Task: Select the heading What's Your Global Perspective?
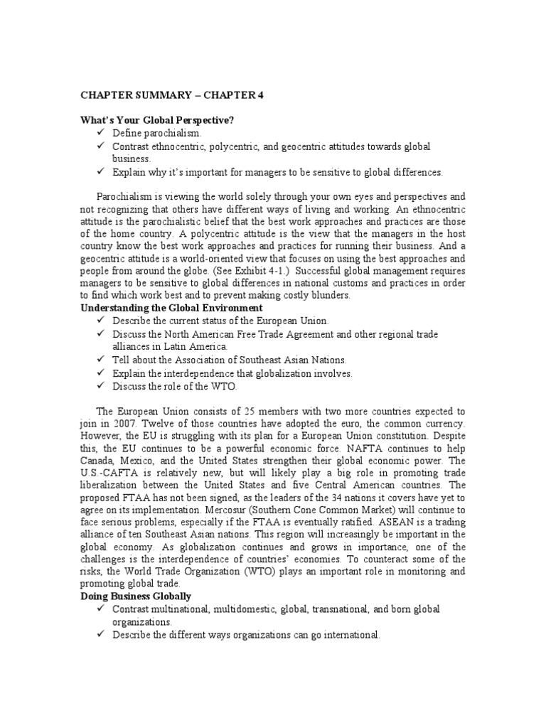pos(156,120)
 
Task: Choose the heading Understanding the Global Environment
pos(171,308)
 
